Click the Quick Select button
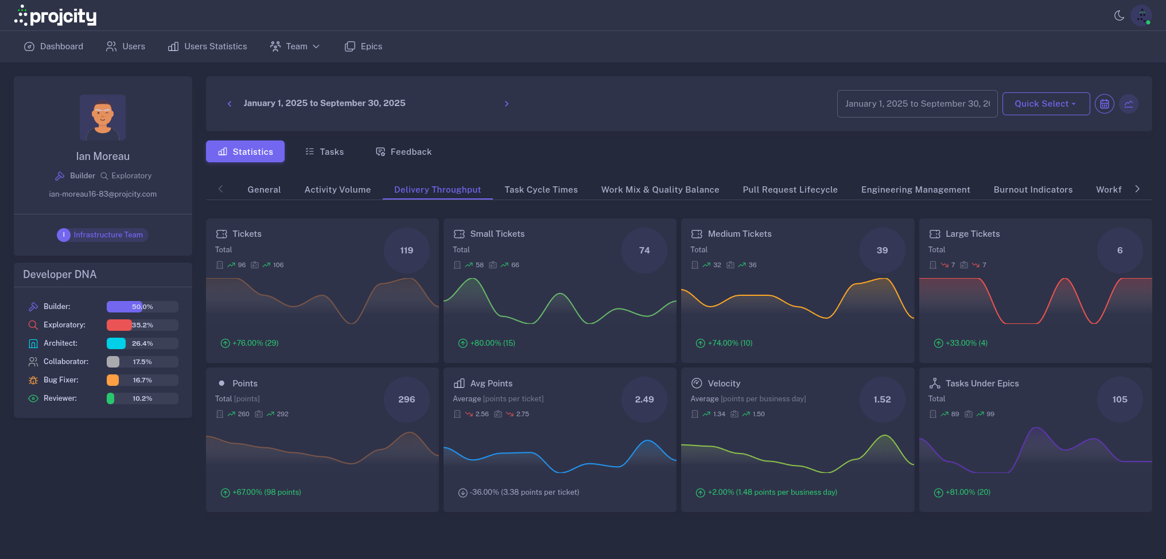(x=1045, y=104)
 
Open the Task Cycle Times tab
(x=541, y=190)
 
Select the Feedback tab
(x=403, y=152)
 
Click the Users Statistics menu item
(x=207, y=46)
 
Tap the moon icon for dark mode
(x=1119, y=15)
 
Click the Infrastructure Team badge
(x=103, y=235)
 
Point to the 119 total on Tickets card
(x=406, y=251)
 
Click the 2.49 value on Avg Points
(x=644, y=400)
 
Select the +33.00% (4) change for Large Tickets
(x=966, y=343)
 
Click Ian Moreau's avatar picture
(x=103, y=118)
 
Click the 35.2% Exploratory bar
(x=142, y=325)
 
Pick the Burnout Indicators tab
(x=1033, y=190)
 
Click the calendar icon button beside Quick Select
(x=1104, y=104)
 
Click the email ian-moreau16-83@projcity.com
(x=103, y=194)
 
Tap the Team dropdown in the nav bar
(x=295, y=46)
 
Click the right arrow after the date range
(x=506, y=104)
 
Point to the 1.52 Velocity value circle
(x=882, y=400)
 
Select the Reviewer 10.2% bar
(x=142, y=398)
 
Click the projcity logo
(x=55, y=16)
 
